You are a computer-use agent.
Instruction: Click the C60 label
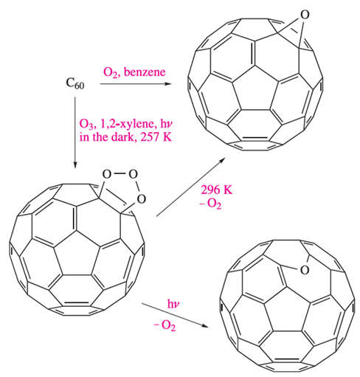coord(75,83)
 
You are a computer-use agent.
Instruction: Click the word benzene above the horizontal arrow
coord(145,72)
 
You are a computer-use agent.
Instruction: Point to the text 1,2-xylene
coord(127,124)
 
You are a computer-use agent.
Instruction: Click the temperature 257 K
coord(156,136)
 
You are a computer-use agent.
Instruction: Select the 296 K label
coord(216,190)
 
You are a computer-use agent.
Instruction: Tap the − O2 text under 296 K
coord(210,204)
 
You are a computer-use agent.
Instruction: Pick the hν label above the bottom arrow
coord(173,304)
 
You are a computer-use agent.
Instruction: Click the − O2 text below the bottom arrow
coord(165,326)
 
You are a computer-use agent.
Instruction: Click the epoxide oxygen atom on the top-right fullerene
coord(304,15)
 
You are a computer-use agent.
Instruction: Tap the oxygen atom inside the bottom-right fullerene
coord(305,270)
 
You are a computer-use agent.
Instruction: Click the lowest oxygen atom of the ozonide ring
coord(141,199)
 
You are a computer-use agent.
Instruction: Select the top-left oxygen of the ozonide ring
coord(107,174)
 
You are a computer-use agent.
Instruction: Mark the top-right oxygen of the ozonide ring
coord(133,174)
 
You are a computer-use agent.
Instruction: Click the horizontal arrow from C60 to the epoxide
coord(136,84)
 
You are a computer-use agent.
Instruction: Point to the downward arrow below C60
coord(75,133)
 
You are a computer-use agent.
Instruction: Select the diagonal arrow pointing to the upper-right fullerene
coord(190,187)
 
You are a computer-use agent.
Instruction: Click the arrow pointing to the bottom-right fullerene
coord(175,316)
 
